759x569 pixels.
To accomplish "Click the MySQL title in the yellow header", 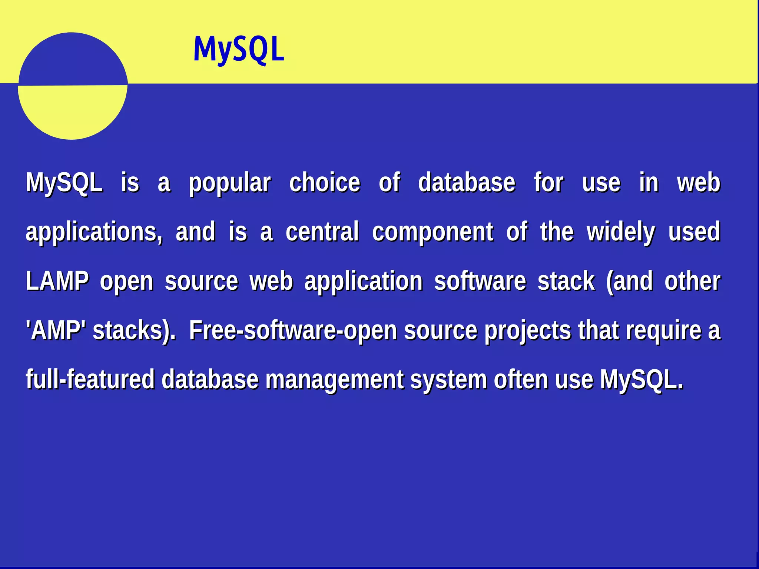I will [239, 49].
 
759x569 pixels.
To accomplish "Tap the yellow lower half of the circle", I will [73, 111].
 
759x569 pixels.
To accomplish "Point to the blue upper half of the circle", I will [73, 59].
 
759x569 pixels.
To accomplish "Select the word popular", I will [230, 183].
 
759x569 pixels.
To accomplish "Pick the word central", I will [322, 232].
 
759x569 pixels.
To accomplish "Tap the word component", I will [432, 232].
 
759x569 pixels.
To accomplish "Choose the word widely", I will [621, 232].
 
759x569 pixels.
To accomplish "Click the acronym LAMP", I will [57, 281].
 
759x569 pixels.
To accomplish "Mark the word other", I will [692, 281].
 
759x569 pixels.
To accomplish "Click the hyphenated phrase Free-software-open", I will [293, 330].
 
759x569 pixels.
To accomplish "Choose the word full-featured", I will [90, 379].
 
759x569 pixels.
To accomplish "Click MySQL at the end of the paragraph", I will [641, 380].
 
